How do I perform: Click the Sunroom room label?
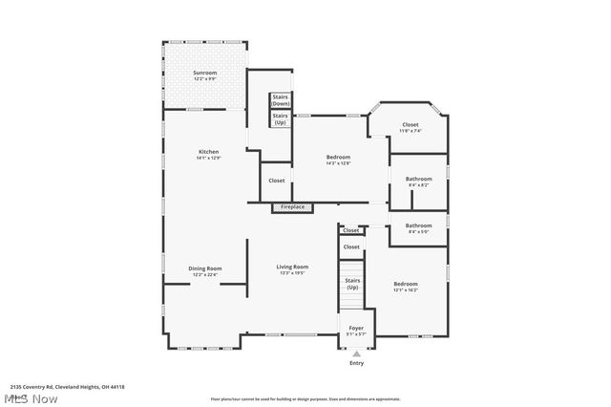coord(205,73)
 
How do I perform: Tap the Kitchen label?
coord(208,152)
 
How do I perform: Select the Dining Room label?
coord(204,268)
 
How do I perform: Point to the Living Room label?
coord(292,267)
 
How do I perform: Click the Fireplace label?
coord(292,206)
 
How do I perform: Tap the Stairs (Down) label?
coord(281,99)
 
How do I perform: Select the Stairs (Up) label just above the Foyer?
coord(352,284)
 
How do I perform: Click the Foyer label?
coord(356,328)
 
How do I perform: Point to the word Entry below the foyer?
coord(356,363)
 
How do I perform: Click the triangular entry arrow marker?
coord(356,353)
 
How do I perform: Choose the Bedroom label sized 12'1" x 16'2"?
coord(406,284)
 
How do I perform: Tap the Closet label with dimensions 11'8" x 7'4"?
coord(410,125)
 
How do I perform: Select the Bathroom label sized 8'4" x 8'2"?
coord(418,179)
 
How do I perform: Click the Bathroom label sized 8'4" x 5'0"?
coord(418,225)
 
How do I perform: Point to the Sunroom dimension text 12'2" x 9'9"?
coord(205,79)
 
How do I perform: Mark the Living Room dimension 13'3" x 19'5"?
coord(292,273)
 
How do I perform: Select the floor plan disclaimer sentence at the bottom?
coord(305,398)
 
